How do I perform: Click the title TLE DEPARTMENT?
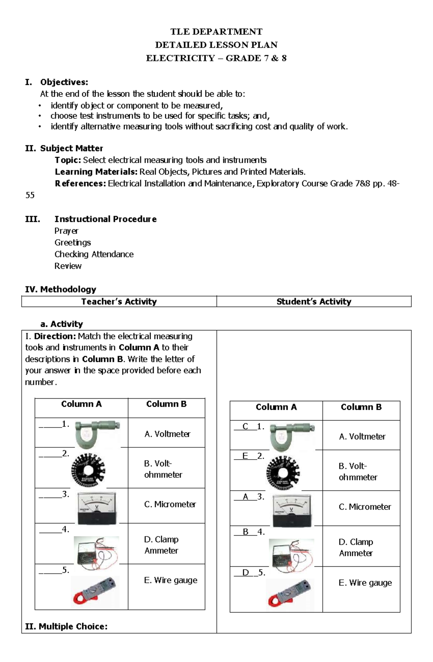pyautogui.click(x=216, y=32)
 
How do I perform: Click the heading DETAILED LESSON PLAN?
pyautogui.click(x=216, y=45)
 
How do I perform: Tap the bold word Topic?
pyautogui.click(x=68, y=160)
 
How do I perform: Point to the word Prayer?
pyautogui.click(x=66, y=231)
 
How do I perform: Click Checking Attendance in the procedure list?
pyautogui.click(x=94, y=254)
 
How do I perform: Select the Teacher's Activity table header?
pyautogui.click(x=119, y=302)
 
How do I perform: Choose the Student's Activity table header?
pyautogui.click(x=314, y=302)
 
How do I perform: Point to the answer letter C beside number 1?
pyautogui.click(x=245, y=426)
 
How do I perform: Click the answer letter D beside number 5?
pyautogui.click(x=246, y=573)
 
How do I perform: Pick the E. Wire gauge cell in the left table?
pyautogui.click(x=170, y=580)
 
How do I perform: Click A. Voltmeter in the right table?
pyautogui.click(x=362, y=437)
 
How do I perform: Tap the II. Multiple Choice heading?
pyautogui.click(x=66, y=627)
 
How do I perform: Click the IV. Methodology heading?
pyautogui.click(x=61, y=289)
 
